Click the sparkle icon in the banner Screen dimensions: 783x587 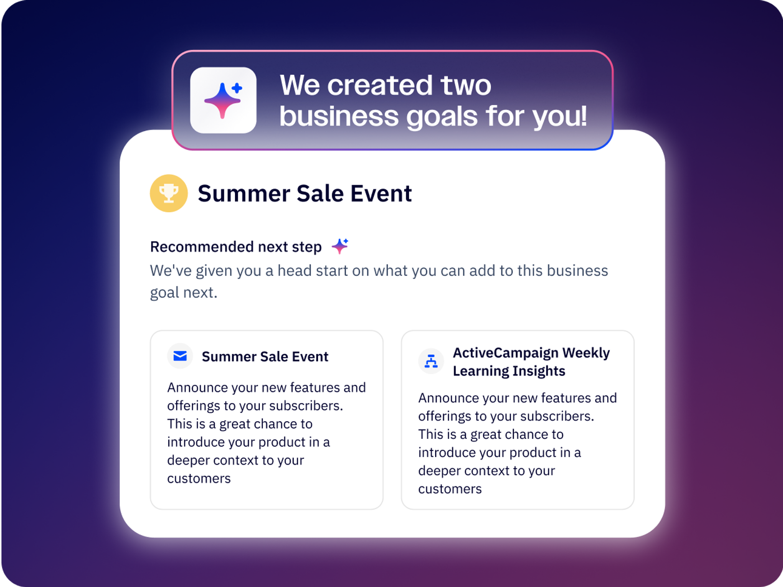coord(223,100)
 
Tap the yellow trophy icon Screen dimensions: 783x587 coord(169,193)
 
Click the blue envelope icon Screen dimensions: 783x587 coord(180,356)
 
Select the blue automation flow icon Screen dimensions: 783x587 coord(431,361)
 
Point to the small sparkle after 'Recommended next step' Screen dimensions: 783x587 coord(340,246)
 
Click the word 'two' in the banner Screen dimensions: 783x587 coord(466,85)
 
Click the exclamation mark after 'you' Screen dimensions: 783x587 coord(583,115)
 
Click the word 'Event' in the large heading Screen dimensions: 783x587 coord(381,194)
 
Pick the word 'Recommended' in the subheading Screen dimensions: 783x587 coord(202,247)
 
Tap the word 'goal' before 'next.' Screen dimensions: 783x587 coord(164,293)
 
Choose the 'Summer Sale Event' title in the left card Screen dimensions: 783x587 coord(265,357)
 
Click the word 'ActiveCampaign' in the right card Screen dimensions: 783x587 coord(506,353)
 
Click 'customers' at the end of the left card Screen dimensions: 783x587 coord(199,478)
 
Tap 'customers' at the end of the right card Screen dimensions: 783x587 coord(450,489)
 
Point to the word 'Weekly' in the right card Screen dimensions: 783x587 coord(586,353)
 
